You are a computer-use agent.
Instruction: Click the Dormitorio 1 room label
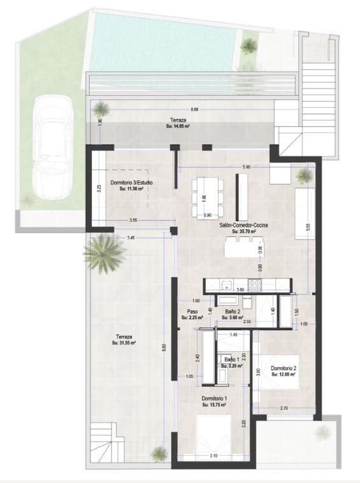point(215,398)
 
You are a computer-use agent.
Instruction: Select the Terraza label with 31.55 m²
point(124,337)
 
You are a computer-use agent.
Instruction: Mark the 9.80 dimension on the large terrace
point(163,347)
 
